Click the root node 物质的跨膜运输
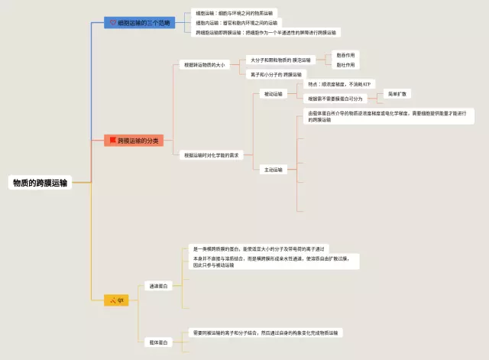point(40,183)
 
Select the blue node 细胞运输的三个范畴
point(140,23)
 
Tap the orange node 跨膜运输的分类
point(134,141)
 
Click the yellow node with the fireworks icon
point(116,300)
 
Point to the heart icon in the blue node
point(113,23)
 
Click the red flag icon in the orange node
point(113,141)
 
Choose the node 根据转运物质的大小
point(204,66)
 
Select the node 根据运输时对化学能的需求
point(211,155)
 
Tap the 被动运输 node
point(272,94)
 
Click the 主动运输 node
point(272,170)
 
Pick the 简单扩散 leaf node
point(398,93)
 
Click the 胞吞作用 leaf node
point(346,56)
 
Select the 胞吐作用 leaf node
point(346,65)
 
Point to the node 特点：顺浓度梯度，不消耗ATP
point(339,84)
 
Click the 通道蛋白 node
point(159,286)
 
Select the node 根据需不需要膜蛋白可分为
point(335,99)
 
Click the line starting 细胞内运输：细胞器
point(236,23)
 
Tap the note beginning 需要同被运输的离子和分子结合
point(267,333)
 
